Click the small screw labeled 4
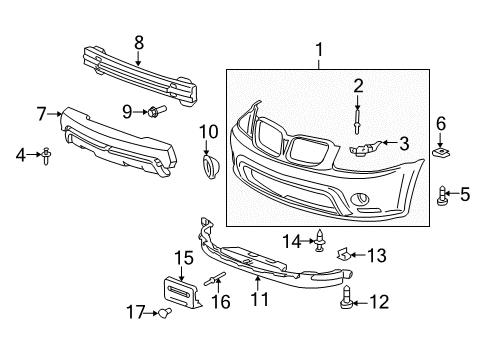coord(46,156)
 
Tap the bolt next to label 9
coord(157,112)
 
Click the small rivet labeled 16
coord(215,281)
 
